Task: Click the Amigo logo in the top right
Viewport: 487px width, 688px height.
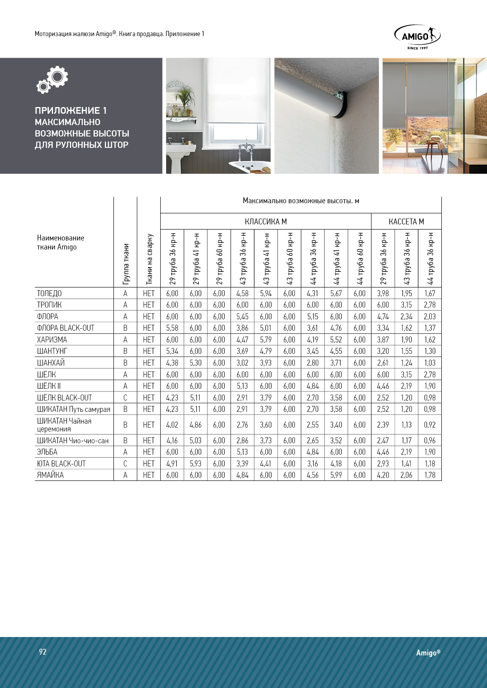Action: [417, 37]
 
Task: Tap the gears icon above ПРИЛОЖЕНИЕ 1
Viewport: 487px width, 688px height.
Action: [53, 80]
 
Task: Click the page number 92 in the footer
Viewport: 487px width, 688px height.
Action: [43, 652]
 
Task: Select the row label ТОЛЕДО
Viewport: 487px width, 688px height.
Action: [49, 293]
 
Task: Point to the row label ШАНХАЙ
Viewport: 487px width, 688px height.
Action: [51, 363]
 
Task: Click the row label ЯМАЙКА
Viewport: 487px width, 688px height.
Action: [50, 475]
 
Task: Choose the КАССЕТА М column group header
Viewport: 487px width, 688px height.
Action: [406, 222]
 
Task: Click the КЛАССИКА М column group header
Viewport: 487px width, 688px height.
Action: [265, 222]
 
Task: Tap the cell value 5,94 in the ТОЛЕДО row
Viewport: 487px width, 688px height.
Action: [266, 293]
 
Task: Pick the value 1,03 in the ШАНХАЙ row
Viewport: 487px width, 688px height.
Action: [430, 363]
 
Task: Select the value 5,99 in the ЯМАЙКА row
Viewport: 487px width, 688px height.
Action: [336, 475]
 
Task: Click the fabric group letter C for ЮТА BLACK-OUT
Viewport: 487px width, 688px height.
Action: [125, 464]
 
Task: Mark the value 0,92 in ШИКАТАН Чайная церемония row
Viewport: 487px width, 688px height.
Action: [430, 425]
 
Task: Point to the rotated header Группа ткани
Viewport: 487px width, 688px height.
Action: [126, 264]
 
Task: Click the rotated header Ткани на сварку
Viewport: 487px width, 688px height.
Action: [149, 259]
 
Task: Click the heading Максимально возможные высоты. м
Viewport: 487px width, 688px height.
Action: [301, 201]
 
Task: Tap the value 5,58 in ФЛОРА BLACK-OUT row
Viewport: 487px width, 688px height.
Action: [172, 328]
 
